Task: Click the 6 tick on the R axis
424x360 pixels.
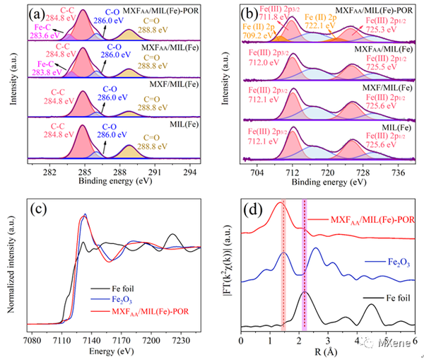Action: coord(413,340)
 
